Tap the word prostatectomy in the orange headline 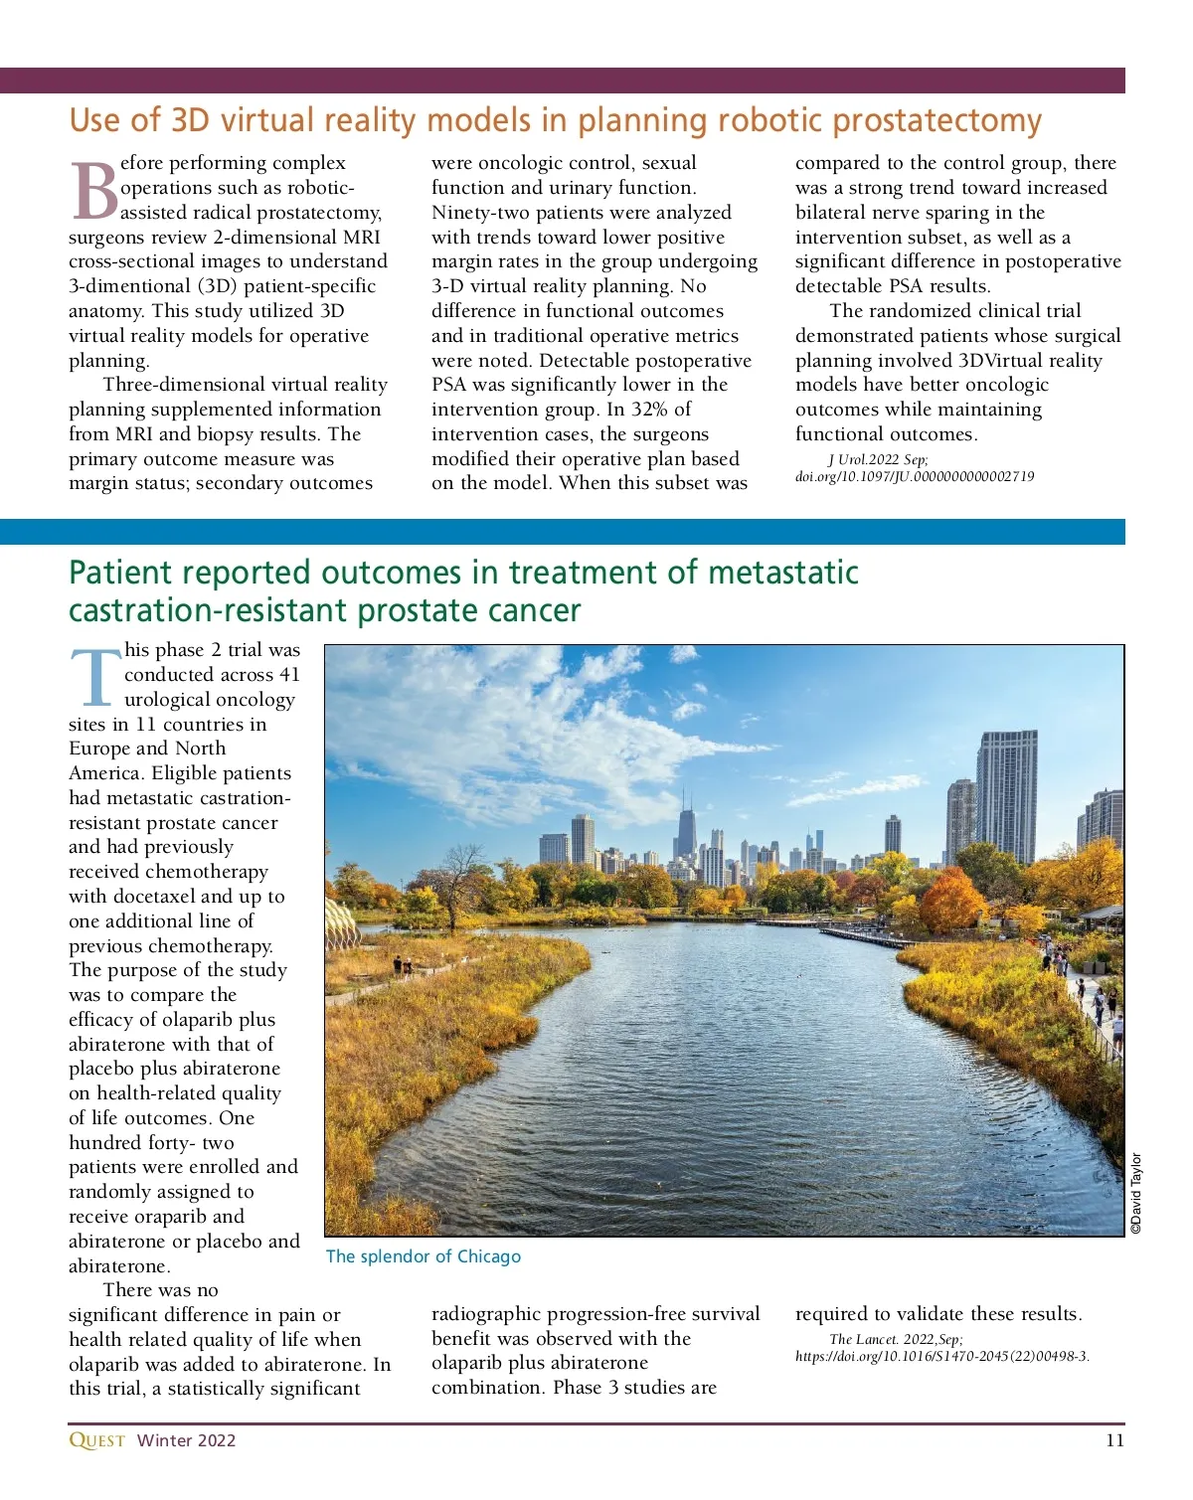936,120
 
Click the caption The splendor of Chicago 423,1256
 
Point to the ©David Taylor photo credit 1136,1193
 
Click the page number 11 1114,1440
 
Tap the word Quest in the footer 96,1440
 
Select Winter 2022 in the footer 186,1440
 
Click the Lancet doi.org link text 941,1356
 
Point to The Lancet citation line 896,1339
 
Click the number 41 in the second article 288,675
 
